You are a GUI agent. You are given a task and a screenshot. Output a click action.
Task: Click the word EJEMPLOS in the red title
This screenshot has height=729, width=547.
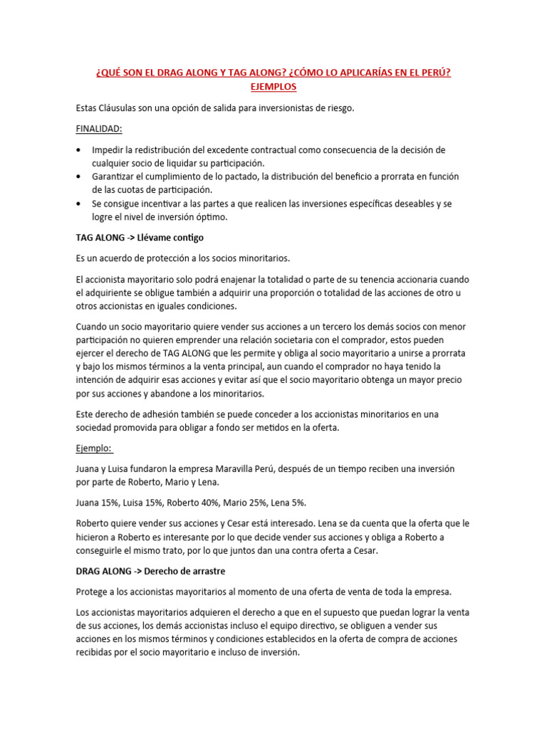click(x=273, y=86)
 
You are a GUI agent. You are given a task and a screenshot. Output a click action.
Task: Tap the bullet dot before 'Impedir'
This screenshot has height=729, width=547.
click(x=78, y=150)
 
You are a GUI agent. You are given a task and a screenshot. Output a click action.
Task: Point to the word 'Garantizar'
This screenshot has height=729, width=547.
click(x=115, y=177)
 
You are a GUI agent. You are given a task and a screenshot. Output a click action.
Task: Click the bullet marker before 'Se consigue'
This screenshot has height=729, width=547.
click(x=78, y=204)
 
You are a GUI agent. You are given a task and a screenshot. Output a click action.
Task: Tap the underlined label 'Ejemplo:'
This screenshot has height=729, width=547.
click(x=93, y=449)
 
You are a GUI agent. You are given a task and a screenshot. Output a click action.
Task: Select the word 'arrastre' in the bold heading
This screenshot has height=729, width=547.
click(x=206, y=571)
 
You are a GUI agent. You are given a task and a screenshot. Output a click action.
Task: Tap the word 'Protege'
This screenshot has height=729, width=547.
click(x=93, y=592)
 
